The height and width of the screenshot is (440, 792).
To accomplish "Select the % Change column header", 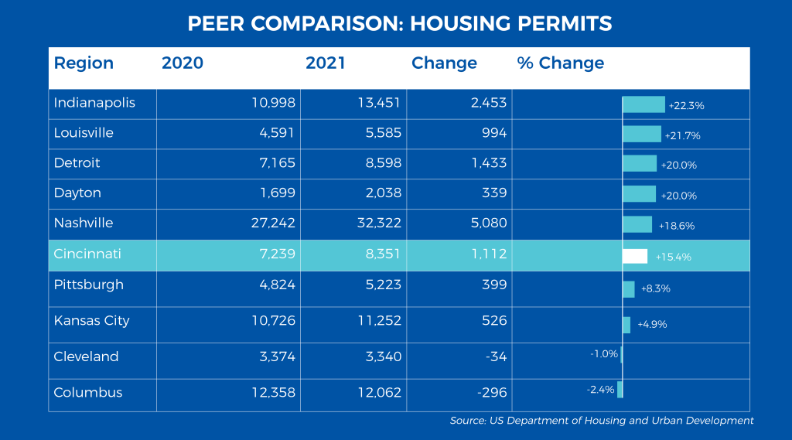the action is point(561,63).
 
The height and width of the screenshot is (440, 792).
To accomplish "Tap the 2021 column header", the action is point(326,63).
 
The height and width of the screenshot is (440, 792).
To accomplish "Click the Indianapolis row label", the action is point(94,103).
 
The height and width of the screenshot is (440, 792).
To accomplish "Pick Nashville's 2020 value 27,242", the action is point(273,223).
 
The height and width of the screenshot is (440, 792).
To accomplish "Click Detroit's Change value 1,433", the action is point(489,162).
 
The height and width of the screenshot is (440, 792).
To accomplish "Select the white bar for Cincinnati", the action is point(635,256).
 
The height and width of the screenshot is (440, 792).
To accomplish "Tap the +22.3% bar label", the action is point(687,106).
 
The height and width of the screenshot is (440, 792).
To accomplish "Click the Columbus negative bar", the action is point(620,390).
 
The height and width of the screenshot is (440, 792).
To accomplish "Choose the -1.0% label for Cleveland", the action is point(604,353).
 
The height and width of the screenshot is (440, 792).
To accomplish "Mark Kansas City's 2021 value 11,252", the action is point(379,320).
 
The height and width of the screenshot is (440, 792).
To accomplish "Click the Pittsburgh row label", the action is point(88,285).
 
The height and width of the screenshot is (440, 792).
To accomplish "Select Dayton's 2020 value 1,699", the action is point(278,193).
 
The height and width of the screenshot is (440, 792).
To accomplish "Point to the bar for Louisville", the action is point(642,134).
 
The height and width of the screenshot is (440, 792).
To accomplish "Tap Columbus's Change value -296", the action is point(492,393).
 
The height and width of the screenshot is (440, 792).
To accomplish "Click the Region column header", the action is point(84,63).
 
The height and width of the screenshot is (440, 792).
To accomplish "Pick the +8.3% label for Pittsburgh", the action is point(656,288).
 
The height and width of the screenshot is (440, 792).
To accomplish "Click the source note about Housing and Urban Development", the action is point(602,421).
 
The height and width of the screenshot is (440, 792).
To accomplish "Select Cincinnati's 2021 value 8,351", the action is point(384,254).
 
